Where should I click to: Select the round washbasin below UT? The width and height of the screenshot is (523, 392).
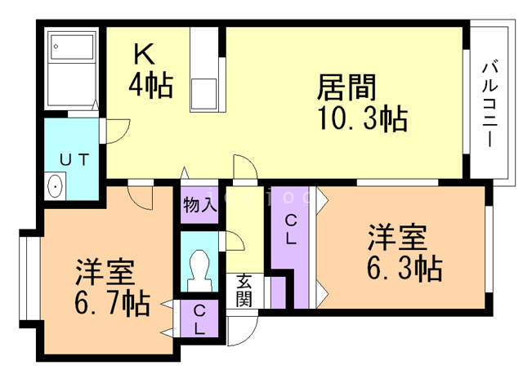click(x=56, y=186)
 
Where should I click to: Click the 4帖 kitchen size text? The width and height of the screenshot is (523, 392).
click(x=150, y=85)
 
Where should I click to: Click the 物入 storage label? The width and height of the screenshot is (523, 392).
click(x=199, y=204)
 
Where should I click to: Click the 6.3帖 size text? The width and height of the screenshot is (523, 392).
click(x=404, y=267)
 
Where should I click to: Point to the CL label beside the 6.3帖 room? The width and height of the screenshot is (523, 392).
click(x=291, y=231)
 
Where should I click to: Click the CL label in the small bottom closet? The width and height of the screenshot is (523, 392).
click(x=199, y=320)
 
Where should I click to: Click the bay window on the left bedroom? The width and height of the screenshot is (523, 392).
click(x=25, y=278)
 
